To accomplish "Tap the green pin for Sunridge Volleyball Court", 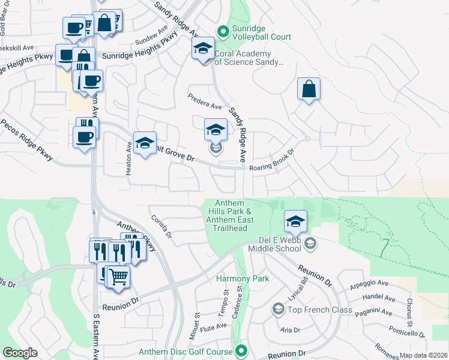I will (x=223, y=30).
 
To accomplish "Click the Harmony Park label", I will (x=243, y=279).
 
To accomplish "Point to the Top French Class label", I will (x=319, y=310).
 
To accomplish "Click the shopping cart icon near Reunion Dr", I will (x=119, y=277).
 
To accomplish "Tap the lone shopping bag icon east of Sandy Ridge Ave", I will (x=309, y=89).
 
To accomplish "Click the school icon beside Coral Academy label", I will (x=203, y=48).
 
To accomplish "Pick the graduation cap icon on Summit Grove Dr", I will (x=144, y=143).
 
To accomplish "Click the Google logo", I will (x=20, y=353).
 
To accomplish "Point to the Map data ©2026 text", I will (x=424, y=355).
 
